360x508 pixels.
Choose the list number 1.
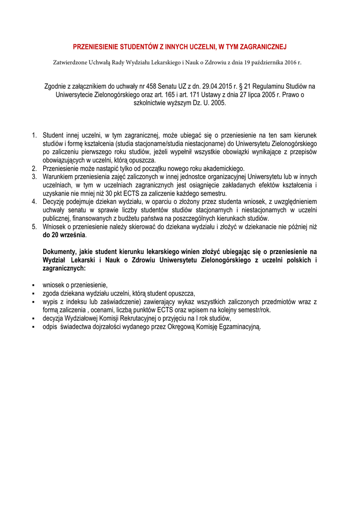coord(34,135)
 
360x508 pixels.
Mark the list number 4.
coord(34,202)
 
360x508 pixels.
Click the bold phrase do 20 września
coord(64,235)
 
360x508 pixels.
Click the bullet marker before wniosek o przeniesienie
coord(32,285)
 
